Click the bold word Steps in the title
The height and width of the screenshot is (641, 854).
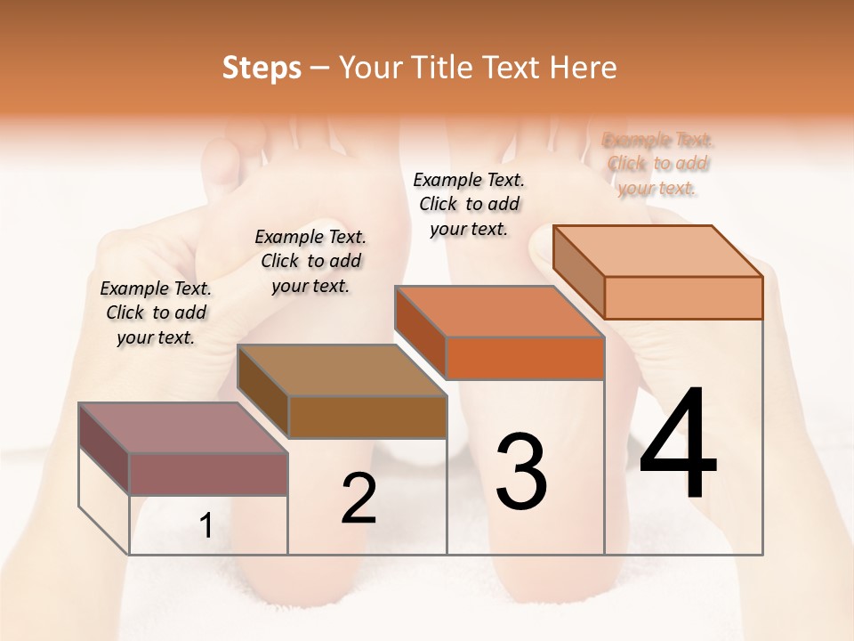pos(262,68)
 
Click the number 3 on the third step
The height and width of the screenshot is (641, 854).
pos(521,471)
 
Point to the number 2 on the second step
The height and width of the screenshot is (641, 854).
pos(359,499)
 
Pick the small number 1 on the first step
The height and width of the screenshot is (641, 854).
pos(205,526)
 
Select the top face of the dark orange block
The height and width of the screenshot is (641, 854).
pos(499,312)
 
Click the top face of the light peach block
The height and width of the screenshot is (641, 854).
pos(658,251)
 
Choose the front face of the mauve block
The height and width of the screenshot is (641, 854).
pos(208,474)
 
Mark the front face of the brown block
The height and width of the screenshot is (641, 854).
pos(367,417)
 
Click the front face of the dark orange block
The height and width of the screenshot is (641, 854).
pos(525,359)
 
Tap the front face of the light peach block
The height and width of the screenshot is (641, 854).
pos(683,297)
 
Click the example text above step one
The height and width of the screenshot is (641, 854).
pos(156,312)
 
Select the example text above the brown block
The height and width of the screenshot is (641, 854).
pos(310,261)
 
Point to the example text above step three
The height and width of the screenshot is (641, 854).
pos(469,204)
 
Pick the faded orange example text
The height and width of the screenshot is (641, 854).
pos(658,164)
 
